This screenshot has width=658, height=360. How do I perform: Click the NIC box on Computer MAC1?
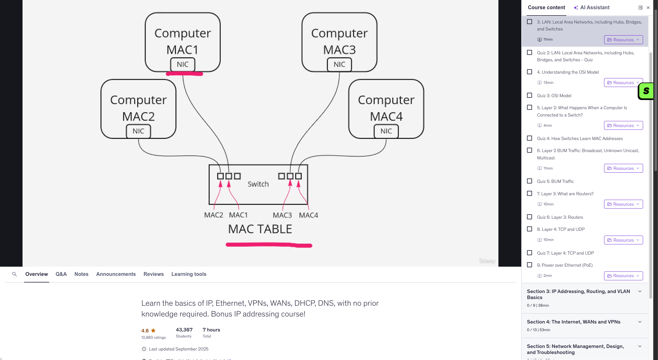pos(182,64)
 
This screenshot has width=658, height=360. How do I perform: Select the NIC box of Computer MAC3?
pos(339,64)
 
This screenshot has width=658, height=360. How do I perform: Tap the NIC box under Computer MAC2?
pos(138,131)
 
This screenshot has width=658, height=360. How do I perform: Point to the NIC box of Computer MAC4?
pos(386,131)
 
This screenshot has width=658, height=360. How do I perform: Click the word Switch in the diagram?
pos(258,184)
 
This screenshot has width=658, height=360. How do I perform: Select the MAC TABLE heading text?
pos(260,229)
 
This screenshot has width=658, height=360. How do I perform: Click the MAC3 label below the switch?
pos(282,215)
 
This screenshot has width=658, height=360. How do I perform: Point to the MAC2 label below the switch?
pos(214,215)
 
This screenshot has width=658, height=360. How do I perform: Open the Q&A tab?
pos(61,274)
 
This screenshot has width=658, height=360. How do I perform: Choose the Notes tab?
pos(81,274)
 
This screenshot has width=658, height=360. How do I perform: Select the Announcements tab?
pos(116,274)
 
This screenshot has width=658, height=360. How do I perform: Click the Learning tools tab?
pos(189,274)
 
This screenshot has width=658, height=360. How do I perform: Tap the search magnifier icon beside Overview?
pos(14,274)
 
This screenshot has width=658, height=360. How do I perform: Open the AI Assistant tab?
pos(592,8)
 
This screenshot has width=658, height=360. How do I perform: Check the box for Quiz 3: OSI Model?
pos(530,95)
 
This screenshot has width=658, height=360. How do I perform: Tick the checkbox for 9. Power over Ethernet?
pos(530,265)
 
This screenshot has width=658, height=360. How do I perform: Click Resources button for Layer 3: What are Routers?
pos(623,204)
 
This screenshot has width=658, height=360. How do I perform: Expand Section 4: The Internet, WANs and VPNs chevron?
pos(640,322)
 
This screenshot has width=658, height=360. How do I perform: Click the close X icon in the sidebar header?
pos(648,8)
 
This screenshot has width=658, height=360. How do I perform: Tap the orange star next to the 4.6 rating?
pos(153,330)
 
